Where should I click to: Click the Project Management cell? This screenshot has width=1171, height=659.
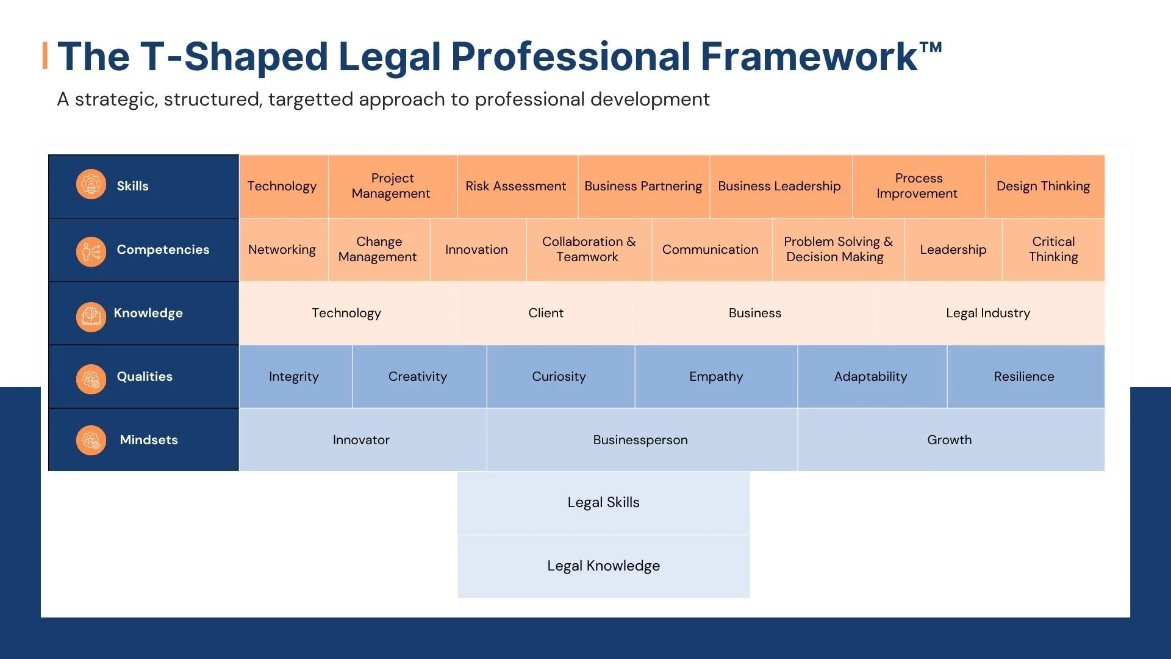coord(392,186)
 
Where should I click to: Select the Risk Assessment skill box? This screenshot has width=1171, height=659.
coord(516,186)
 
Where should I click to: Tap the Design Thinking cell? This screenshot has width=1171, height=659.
coord(1044,186)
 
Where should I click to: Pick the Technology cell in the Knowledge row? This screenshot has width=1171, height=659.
coord(346,313)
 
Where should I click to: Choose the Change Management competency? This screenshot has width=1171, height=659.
coord(378,250)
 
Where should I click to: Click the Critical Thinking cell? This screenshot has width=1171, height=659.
coord(1053,250)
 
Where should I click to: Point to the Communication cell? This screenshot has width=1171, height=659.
coord(711,250)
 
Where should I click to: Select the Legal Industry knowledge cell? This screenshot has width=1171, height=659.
coord(988,313)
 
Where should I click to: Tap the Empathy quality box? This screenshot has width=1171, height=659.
coord(716,376)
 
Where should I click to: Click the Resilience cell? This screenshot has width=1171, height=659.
coord(1024,376)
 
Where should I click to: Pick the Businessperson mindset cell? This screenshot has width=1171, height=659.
coord(640,440)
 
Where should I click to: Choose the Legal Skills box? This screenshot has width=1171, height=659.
coord(603,503)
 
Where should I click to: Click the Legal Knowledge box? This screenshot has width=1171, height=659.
coord(603,566)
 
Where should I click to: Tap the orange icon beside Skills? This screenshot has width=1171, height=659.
coord(91,184)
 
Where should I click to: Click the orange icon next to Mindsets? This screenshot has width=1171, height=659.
coord(91,440)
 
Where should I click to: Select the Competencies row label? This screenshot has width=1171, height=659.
coord(163,250)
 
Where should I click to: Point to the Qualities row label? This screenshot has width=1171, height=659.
coord(145,376)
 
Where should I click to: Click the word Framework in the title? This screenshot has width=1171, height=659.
coord(809,57)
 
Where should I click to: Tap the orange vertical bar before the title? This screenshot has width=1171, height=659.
coord(45,56)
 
